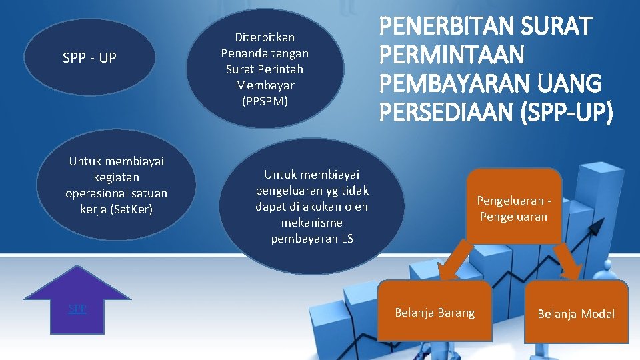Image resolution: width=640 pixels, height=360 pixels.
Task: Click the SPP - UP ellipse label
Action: pos(89,58)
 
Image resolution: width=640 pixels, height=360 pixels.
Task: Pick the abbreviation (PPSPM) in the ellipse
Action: pos(265,101)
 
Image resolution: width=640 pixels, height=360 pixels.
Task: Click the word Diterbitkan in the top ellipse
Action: pos(265,37)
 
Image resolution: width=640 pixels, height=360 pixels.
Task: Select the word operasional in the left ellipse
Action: pos(99,193)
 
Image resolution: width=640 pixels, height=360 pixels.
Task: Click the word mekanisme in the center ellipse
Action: pos(312,223)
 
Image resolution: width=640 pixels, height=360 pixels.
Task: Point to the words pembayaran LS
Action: pos(312,239)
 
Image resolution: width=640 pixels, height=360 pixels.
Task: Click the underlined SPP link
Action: pos(77,309)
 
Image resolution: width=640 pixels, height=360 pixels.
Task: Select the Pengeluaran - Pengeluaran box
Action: pos(513,207)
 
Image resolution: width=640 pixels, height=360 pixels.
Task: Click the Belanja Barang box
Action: pos(435,312)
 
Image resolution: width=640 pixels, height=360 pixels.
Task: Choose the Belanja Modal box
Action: pos(576,313)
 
